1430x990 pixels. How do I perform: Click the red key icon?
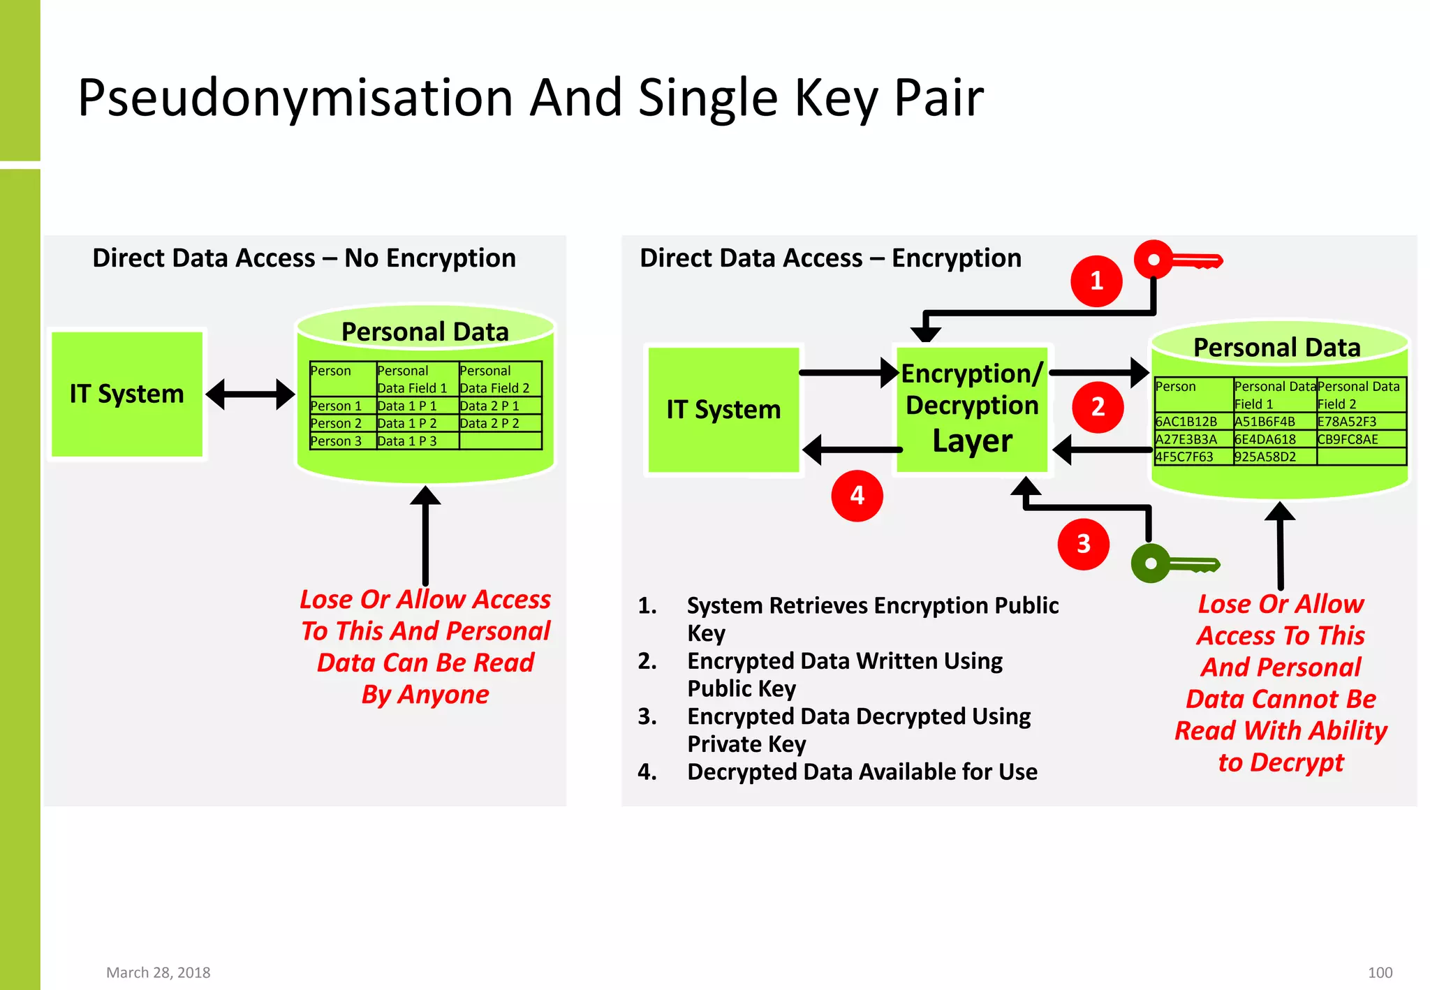pyautogui.click(x=1177, y=260)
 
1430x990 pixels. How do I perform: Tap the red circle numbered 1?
pyautogui.click(x=1096, y=281)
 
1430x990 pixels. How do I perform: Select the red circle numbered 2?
pyautogui.click(x=1098, y=407)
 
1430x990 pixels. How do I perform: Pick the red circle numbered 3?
pyautogui.click(x=1083, y=544)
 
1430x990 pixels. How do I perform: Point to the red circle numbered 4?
pyautogui.click(x=857, y=496)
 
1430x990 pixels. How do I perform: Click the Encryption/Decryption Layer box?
pyautogui.click(x=972, y=408)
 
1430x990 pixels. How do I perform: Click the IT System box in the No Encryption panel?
pyautogui.click(x=127, y=394)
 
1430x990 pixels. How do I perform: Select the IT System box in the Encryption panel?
pyautogui.click(x=723, y=410)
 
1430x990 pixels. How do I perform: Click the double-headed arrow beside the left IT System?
pyautogui.click(x=250, y=394)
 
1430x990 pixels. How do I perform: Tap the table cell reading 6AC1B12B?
pyautogui.click(x=1187, y=422)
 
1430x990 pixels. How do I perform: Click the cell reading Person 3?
pyautogui.click(x=337, y=441)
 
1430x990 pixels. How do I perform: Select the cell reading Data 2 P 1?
pyautogui.click(x=490, y=406)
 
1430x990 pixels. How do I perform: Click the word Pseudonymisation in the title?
pyautogui.click(x=296, y=98)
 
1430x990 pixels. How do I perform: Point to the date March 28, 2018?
pyautogui.click(x=158, y=973)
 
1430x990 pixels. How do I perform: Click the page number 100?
pyautogui.click(x=1380, y=973)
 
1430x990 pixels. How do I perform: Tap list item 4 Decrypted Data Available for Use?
pyautogui.click(x=862, y=772)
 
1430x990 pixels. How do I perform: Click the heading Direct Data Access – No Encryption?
pyautogui.click(x=304, y=258)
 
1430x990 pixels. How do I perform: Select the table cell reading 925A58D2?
pyautogui.click(x=1265, y=457)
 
